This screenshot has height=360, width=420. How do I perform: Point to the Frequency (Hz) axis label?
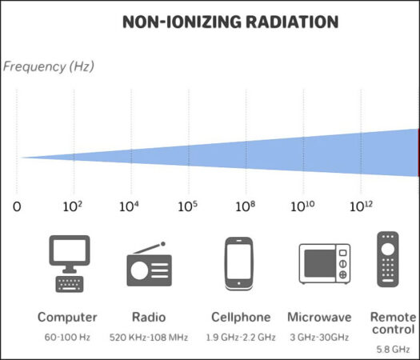tap(49, 66)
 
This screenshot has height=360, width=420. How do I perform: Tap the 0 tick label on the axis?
tap(17, 206)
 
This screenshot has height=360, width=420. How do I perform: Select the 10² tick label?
tap(73, 206)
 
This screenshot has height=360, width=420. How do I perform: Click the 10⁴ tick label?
tap(130, 206)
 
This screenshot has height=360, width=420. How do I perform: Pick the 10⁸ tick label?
tap(246, 206)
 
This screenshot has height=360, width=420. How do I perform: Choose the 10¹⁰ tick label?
tap(302, 206)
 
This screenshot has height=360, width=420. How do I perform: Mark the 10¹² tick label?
tap(361, 206)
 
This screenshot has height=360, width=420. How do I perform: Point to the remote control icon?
tap(387, 260)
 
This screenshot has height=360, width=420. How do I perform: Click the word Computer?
tap(67, 317)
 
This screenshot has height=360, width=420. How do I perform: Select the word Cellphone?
tap(239, 317)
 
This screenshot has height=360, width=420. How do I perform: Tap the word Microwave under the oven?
tap(318, 317)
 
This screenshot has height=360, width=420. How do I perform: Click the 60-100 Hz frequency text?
tap(67, 338)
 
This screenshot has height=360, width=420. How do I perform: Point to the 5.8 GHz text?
tap(393, 350)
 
